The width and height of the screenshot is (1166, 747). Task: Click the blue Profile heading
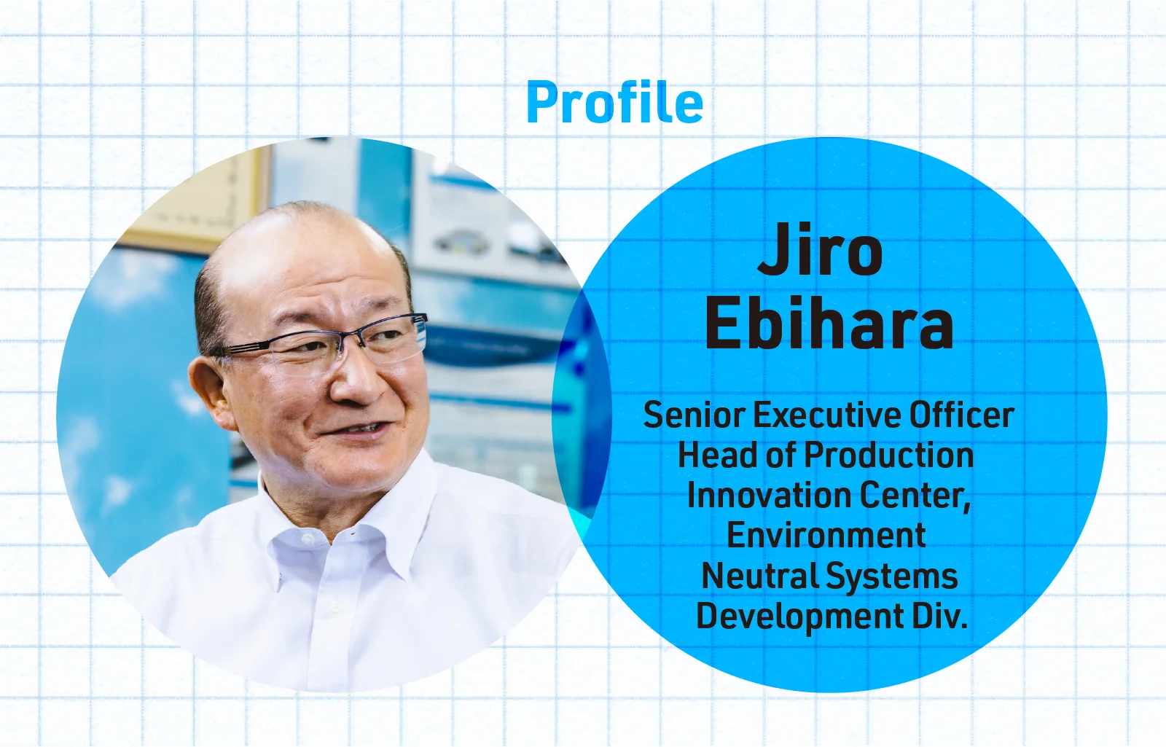[x=615, y=102]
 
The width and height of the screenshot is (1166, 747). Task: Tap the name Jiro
[x=821, y=249]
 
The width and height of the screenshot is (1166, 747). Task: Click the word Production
[x=889, y=455]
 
